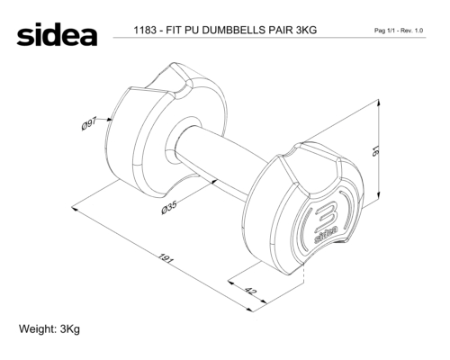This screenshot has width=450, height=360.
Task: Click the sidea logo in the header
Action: (x=57, y=34)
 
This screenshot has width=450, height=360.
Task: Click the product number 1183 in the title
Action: (x=145, y=30)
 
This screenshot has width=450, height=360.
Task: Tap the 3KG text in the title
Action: (x=306, y=30)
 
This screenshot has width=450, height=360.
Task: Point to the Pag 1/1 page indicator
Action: (x=383, y=31)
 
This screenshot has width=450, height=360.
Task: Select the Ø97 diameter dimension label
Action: (x=89, y=124)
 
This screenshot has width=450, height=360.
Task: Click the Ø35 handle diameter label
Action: (x=169, y=208)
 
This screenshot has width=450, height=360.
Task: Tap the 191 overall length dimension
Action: (x=166, y=258)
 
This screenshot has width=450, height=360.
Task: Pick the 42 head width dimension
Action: (x=251, y=291)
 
